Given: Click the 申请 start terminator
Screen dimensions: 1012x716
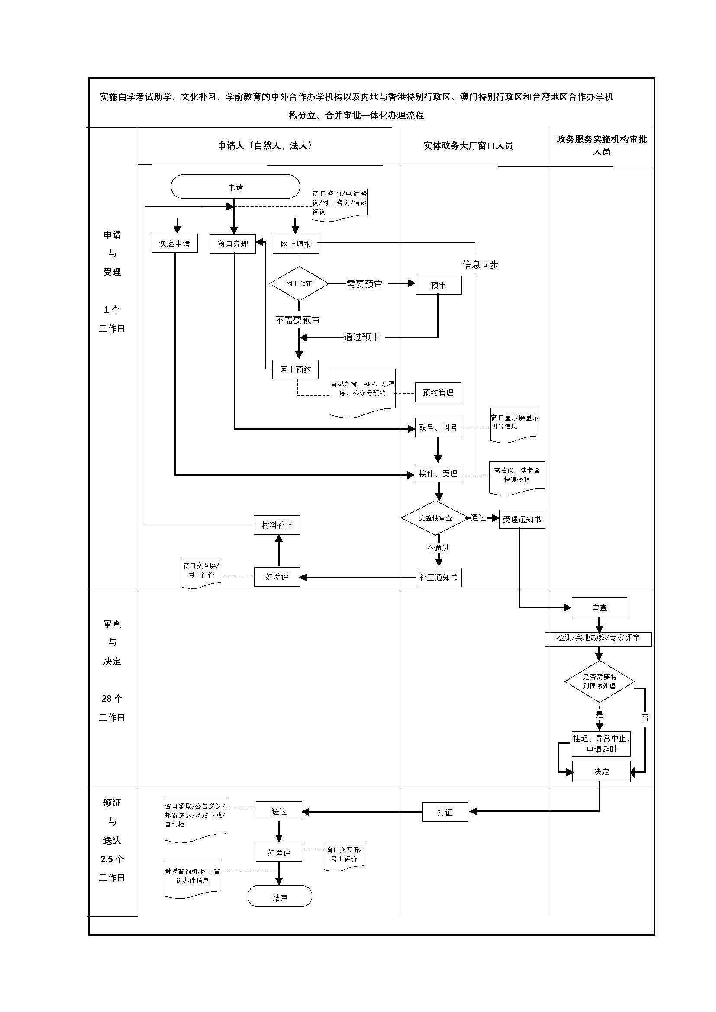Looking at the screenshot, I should pyautogui.click(x=235, y=187).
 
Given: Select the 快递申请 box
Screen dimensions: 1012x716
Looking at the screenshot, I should pyautogui.click(x=174, y=243).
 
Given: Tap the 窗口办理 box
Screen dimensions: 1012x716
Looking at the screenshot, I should pyautogui.click(x=233, y=244).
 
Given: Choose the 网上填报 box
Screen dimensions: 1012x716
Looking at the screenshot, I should pyautogui.click(x=296, y=244).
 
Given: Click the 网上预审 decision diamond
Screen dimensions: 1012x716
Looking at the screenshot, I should pyautogui.click(x=300, y=283).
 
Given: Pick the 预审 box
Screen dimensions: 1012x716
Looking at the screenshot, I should pyautogui.click(x=438, y=285).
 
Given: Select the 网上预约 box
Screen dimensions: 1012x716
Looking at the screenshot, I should pyautogui.click(x=295, y=369).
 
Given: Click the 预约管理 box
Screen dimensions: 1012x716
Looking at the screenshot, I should pyautogui.click(x=438, y=392).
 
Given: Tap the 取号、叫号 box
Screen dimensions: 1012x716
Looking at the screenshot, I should pyautogui.click(x=438, y=427).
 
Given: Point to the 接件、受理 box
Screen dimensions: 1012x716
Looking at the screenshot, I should pyautogui.click(x=438, y=473).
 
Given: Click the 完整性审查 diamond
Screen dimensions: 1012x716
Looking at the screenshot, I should pyautogui.click(x=435, y=518).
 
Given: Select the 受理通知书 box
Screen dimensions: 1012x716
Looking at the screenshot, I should pyautogui.click(x=522, y=519).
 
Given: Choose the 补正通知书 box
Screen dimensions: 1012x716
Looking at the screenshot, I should pyautogui.click(x=438, y=577).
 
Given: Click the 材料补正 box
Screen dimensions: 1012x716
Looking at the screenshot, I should pyautogui.click(x=277, y=525).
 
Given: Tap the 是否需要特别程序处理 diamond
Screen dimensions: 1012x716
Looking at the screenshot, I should pyautogui.click(x=599, y=681).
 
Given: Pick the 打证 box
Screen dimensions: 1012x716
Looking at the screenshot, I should pyautogui.click(x=445, y=812).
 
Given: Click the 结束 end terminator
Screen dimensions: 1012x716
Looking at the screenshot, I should pyautogui.click(x=280, y=898).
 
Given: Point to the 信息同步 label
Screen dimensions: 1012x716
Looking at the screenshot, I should pyautogui.click(x=480, y=264).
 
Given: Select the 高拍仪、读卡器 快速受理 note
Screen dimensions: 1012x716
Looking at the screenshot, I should pyautogui.click(x=517, y=475).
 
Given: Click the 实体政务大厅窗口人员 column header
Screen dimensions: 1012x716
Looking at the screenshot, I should pyautogui.click(x=468, y=146).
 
